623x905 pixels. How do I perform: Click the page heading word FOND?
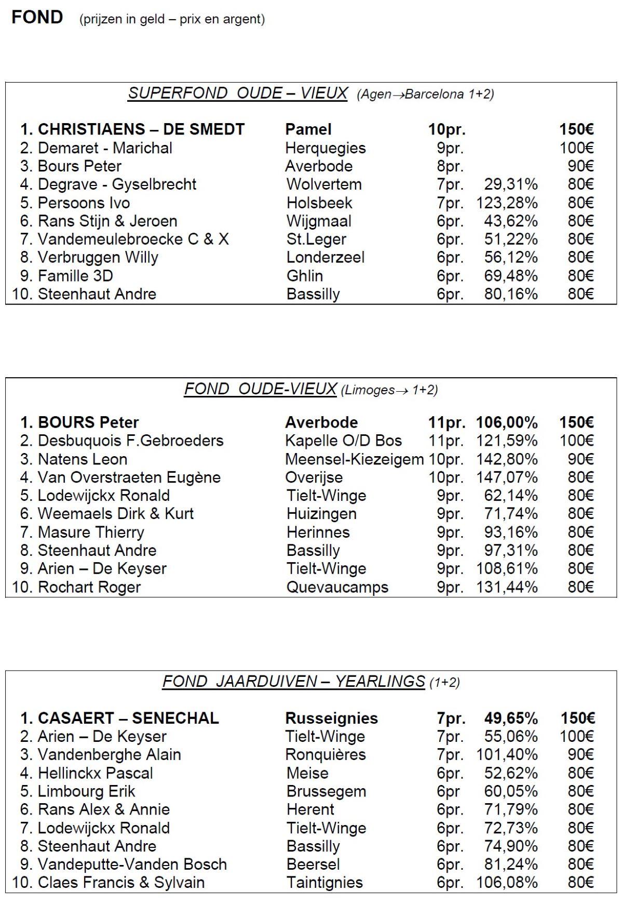pos(37,17)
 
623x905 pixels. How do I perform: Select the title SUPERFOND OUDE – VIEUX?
pos(238,93)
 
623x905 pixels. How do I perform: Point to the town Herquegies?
pos(326,148)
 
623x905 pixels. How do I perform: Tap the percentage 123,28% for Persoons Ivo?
pos(507,203)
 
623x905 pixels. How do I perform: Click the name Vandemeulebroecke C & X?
pos(133,239)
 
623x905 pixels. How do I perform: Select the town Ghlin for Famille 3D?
pos(305,276)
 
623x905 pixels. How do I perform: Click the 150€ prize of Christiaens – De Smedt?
pos(576,129)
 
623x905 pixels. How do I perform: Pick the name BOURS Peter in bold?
pos(88,422)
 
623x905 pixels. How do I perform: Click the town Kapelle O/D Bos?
pos(343,441)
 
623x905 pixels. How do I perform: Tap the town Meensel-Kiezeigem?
pos(355,459)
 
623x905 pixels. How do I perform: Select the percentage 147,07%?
pos(507,477)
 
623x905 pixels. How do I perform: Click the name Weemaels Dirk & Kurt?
pos(115,514)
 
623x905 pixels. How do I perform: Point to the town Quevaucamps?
pos(337,587)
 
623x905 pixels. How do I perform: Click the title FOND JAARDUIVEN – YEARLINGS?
pos(294,681)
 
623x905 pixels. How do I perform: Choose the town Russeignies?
pos(332,718)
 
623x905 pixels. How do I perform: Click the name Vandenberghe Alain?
pos(109,754)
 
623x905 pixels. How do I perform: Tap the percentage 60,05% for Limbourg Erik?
pos(510,791)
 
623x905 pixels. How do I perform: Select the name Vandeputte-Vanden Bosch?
pos(132,864)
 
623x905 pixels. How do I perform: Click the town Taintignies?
pos(324,882)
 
